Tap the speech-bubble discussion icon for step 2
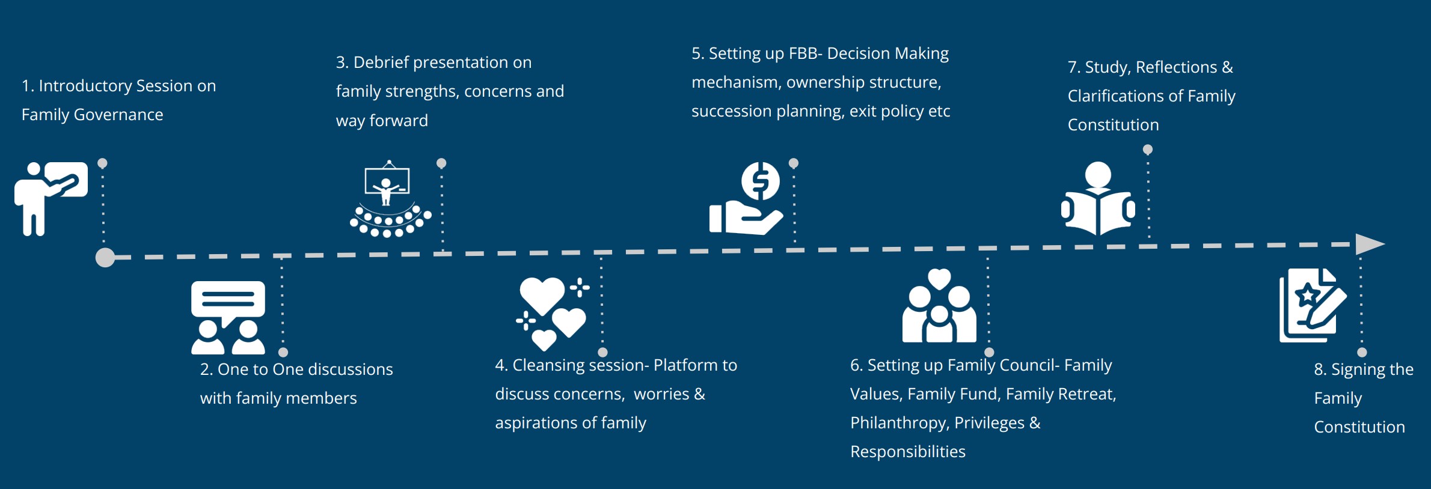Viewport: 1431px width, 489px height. [228, 317]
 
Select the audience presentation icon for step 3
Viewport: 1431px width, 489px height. [390, 199]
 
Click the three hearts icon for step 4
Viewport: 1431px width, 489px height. [552, 313]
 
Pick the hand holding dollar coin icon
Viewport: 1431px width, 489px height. [746, 198]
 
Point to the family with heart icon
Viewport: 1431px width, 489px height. [939, 305]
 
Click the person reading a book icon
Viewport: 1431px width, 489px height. [1098, 198]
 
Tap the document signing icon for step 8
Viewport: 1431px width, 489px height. [1313, 305]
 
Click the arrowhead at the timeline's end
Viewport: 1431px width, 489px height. [1370, 244]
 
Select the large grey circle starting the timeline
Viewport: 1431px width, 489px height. [105, 257]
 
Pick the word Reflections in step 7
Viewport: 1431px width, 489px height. [1176, 67]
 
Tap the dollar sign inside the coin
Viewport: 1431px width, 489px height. [761, 180]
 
